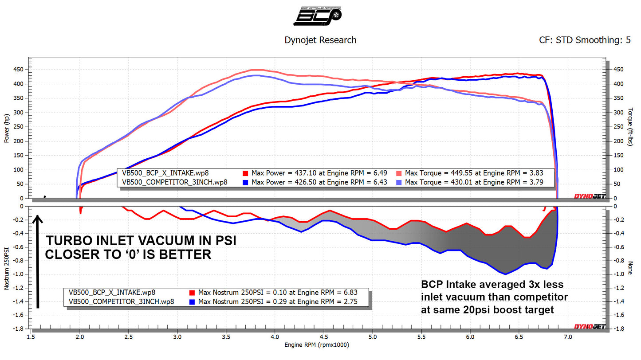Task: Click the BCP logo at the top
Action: (x=320, y=16)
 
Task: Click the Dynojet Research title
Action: (x=320, y=40)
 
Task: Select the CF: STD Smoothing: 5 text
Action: (x=585, y=40)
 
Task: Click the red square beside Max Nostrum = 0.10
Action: (x=192, y=292)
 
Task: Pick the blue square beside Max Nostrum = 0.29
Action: (x=192, y=302)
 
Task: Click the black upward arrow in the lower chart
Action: (x=38, y=262)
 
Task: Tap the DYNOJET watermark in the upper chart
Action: (x=590, y=196)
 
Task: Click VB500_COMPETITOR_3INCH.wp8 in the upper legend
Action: (x=174, y=182)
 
